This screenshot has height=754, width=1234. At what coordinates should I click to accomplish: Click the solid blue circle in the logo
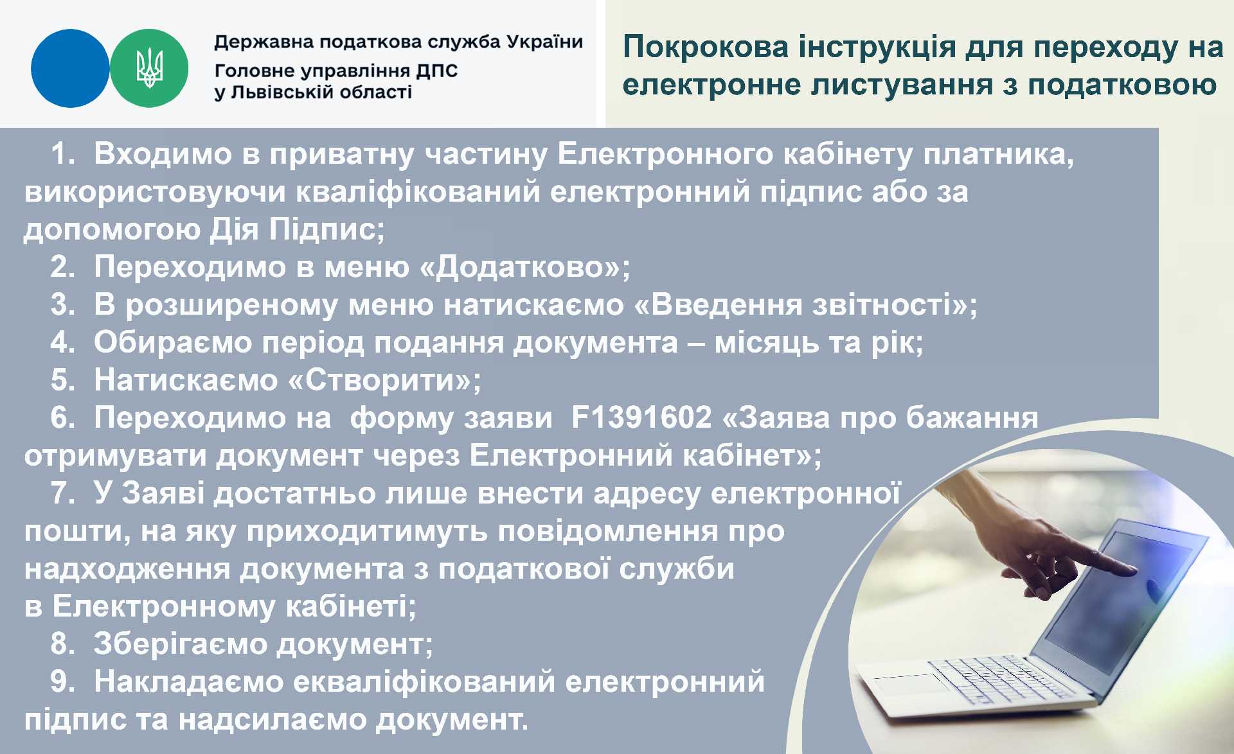(70, 68)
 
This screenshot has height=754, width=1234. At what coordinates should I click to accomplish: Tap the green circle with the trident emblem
(149, 68)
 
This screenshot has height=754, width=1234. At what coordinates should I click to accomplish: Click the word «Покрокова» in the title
(706, 48)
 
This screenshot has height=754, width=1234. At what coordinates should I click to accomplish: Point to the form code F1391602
(641, 417)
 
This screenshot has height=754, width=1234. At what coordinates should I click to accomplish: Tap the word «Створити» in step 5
(380, 380)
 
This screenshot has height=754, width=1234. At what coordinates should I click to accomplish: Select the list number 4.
(62, 342)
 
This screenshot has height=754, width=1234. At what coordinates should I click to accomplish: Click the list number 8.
(62, 644)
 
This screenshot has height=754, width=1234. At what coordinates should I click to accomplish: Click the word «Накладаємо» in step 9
(188, 681)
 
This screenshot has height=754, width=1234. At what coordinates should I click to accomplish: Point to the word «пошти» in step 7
(72, 532)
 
